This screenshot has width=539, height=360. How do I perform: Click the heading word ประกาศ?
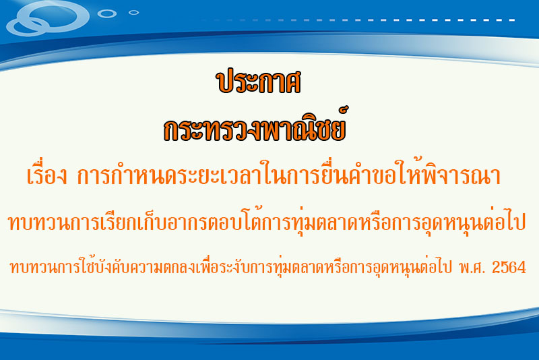click(x=259, y=82)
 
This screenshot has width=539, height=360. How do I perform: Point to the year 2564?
click(x=509, y=267)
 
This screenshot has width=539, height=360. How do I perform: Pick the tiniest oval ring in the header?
click(x=133, y=13)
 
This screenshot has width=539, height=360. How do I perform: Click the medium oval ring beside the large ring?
click(x=107, y=13)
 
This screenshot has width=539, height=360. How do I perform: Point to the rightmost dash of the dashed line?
click(x=511, y=20)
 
